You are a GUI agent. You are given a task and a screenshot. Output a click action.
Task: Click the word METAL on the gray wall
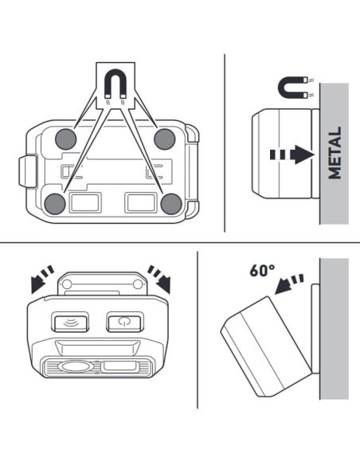(x=335, y=153)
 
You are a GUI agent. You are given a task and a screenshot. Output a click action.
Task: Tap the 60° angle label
(x=262, y=270)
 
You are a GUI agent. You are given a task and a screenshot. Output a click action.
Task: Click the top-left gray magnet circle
(x=66, y=139)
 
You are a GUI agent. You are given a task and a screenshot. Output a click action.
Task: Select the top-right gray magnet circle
(x=165, y=139)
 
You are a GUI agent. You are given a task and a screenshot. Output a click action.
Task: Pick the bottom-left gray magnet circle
(x=55, y=204)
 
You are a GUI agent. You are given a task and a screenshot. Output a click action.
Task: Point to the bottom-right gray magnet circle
(x=171, y=204)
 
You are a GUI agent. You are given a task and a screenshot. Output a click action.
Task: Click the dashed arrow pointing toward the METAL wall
(x=292, y=154)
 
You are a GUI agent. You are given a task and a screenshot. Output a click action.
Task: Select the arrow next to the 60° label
(x=289, y=283)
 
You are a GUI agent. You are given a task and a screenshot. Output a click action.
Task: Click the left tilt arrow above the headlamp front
(x=42, y=279)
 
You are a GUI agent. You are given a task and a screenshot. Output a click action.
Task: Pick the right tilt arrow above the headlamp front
(x=159, y=279)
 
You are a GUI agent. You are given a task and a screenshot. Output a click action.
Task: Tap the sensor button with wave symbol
(x=70, y=322)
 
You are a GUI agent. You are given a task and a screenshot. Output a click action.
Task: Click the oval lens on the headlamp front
(x=74, y=366)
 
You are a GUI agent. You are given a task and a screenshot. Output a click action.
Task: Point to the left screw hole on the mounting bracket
(x=67, y=284)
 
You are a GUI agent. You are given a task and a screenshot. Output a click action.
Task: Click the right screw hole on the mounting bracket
(x=138, y=284)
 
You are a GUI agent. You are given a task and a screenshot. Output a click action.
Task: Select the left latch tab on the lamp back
(x=28, y=171)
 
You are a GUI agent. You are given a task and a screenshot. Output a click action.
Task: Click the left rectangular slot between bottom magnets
(x=85, y=202)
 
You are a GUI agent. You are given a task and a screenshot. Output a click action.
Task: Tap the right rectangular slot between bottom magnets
(x=141, y=202)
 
